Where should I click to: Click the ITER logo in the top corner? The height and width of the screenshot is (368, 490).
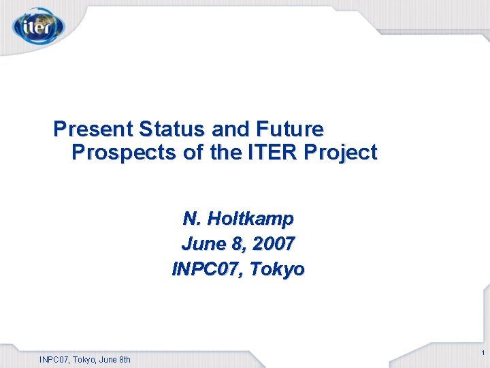tap(38, 27)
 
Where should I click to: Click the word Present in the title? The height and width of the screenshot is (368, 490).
tap(93, 128)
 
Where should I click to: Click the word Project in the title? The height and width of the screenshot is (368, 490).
tap(341, 153)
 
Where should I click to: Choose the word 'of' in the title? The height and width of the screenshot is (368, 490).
tap(194, 153)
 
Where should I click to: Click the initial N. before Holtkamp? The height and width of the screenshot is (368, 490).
tap(191, 219)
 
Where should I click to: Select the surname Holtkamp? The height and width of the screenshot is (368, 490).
tap(250, 219)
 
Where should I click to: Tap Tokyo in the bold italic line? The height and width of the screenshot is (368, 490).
tap(277, 269)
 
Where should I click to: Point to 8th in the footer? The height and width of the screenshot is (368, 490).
tap(123, 359)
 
